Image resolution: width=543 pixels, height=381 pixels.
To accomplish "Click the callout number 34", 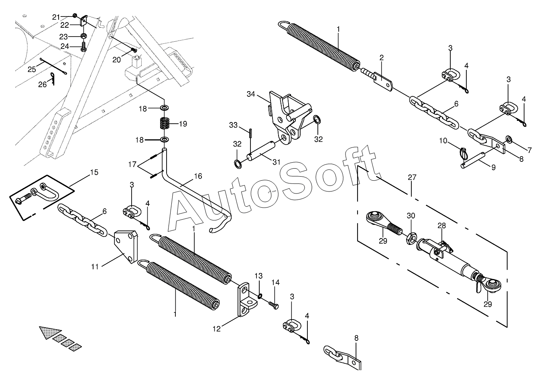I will (251, 94).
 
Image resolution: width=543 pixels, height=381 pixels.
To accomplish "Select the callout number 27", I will (412, 177).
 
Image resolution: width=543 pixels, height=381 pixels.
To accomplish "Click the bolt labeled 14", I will (275, 306).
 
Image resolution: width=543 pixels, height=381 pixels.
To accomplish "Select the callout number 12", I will (217, 329).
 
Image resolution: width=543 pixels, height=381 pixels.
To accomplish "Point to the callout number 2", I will (382, 57).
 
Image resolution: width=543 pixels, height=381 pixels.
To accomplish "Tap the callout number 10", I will (443, 140).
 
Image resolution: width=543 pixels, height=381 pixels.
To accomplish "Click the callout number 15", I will (94, 172).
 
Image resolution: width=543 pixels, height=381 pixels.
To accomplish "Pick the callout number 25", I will (32, 69).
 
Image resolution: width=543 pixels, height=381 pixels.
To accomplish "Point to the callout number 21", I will (56, 17).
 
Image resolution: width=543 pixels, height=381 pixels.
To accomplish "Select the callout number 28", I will (441, 226).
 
